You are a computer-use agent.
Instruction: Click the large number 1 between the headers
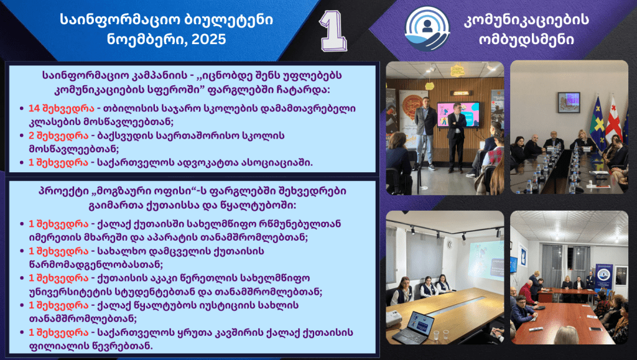333,31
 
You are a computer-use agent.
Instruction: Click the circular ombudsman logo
427,29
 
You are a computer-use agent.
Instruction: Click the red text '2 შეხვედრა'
58,136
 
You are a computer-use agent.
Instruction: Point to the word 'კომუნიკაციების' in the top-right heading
526,19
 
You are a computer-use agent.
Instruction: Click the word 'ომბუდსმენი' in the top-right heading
526,39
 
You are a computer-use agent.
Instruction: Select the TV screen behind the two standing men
458,114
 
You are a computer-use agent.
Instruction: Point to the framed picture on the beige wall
569,102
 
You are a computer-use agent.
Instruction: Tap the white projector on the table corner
393,318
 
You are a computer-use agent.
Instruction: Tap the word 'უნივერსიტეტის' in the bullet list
71,292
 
